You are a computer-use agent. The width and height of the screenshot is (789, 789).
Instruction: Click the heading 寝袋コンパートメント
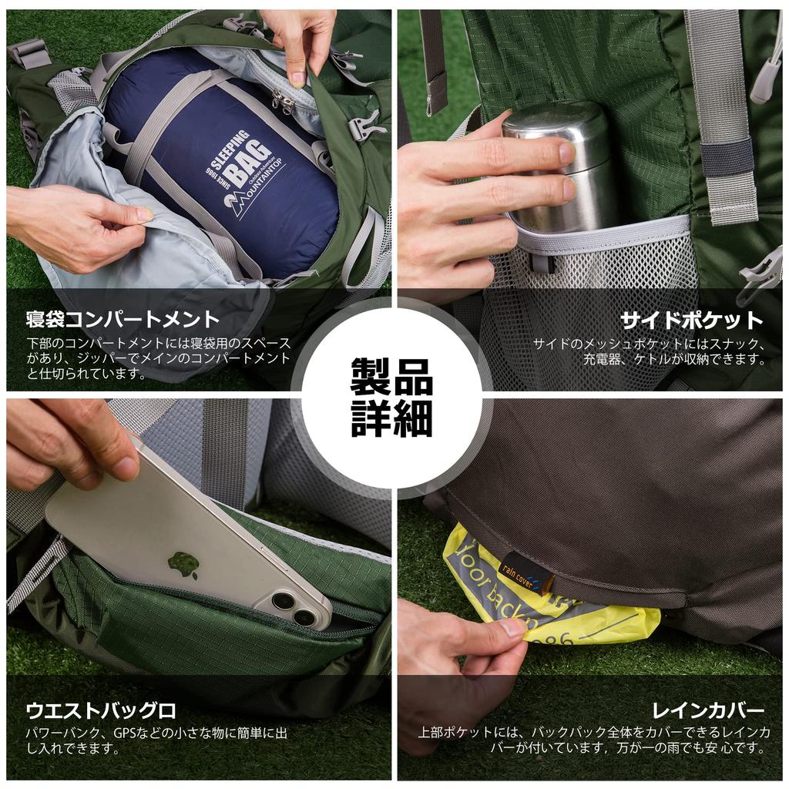[123, 319]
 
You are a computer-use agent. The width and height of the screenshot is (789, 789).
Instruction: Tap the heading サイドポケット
[692, 320]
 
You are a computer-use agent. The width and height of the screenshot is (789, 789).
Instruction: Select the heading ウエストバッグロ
[101, 710]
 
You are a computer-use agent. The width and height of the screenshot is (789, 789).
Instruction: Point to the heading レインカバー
[707, 710]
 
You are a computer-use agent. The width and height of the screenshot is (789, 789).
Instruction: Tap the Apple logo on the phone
[183, 565]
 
